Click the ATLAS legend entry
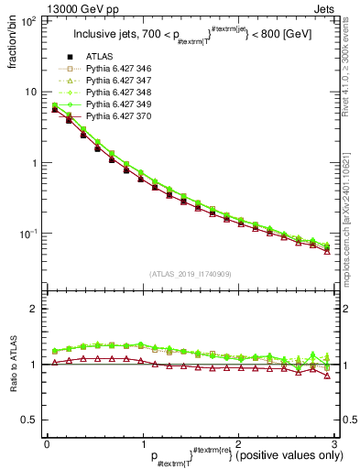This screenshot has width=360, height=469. pyautogui.click(x=101, y=58)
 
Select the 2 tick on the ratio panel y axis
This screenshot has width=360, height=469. pyautogui.click(x=32, y=309)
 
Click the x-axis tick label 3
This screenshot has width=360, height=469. pyautogui.click(x=336, y=442)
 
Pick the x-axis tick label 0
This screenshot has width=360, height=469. pyautogui.click(x=47, y=442)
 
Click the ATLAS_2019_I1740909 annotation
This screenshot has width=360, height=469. pyautogui.click(x=191, y=275)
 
